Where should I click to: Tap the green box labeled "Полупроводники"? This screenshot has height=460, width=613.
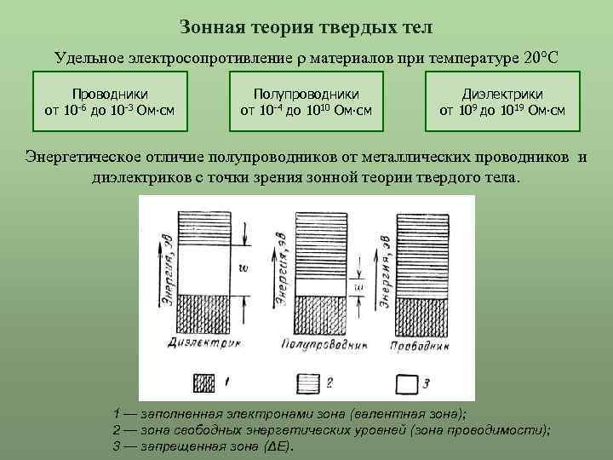306,102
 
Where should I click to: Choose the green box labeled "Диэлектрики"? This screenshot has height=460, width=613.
502,102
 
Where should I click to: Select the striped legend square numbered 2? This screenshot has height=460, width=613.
310,382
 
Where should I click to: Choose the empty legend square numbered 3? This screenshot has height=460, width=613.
411,382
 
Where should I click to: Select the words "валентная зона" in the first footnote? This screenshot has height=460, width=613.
413,414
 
